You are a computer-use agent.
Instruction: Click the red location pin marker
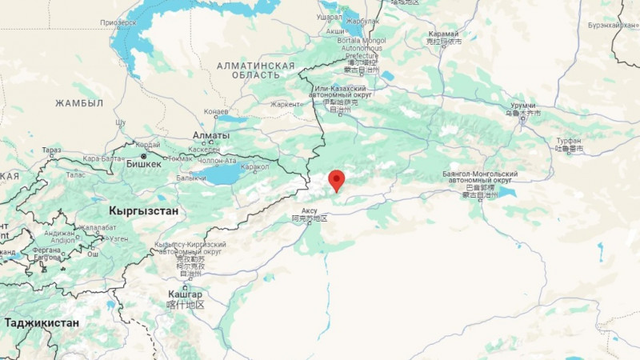337,180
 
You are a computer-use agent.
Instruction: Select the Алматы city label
210,136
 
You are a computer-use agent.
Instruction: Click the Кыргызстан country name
144,210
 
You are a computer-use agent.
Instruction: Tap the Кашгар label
186,294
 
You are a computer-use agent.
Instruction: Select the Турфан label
569,140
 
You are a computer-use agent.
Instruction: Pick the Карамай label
443,34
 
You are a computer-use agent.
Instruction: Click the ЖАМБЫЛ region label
79,103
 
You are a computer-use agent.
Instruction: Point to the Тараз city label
51,150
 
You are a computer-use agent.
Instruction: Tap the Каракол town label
255,167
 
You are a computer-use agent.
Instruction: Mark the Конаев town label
217,112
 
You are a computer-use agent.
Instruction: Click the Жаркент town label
286,104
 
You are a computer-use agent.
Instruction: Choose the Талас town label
76,174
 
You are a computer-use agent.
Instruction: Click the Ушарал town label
330,17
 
